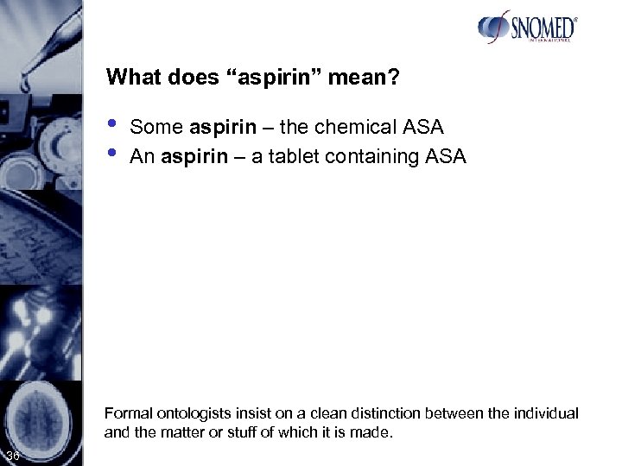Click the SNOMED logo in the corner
tap(526, 29)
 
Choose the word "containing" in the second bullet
tap(394, 157)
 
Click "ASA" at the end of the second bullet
tap(448, 157)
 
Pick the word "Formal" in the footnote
tap(124, 413)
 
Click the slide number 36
tap(12, 456)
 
